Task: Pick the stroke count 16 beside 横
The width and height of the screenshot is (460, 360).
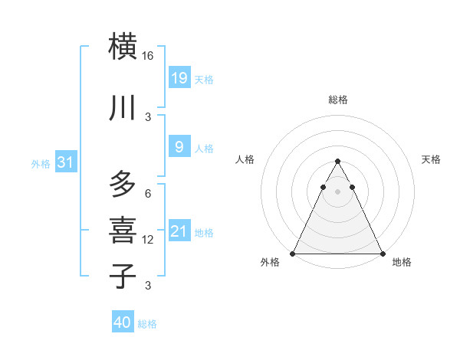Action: (148, 56)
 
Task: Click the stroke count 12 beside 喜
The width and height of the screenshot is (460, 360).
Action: (148, 240)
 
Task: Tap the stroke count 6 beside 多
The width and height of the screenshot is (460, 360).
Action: (148, 194)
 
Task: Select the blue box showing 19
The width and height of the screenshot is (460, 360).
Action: (179, 77)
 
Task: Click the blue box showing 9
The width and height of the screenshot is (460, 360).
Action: (179, 146)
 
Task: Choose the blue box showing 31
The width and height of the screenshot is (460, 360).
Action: (66, 162)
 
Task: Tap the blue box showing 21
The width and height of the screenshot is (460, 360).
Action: (179, 231)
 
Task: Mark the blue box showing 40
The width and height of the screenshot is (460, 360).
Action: (123, 322)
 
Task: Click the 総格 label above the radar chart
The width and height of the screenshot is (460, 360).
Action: (338, 100)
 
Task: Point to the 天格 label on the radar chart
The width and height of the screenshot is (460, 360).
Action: (431, 159)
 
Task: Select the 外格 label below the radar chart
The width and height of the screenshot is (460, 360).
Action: (270, 263)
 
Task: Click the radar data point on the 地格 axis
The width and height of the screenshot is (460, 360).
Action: (382, 254)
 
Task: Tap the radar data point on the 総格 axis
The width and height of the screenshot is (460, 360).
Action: (337, 162)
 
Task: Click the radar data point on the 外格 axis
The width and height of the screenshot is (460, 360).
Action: (293, 254)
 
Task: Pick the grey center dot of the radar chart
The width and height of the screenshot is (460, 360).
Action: (337, 191)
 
